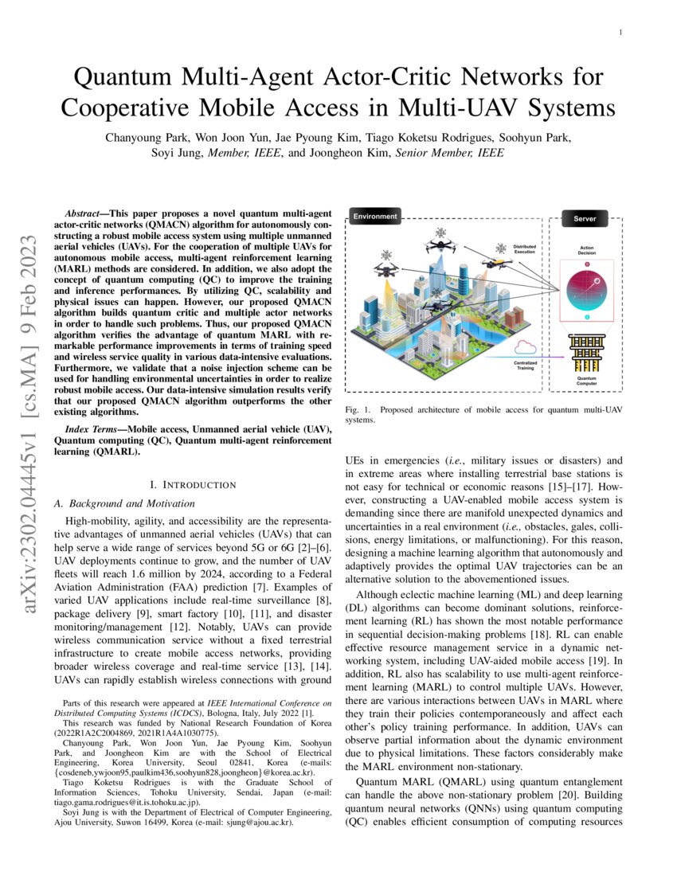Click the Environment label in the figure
(x=375, y=216)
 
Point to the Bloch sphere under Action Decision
(x=586, y=291)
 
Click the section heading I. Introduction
(x=193, y=484)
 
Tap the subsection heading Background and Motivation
(x=129, y=503)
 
